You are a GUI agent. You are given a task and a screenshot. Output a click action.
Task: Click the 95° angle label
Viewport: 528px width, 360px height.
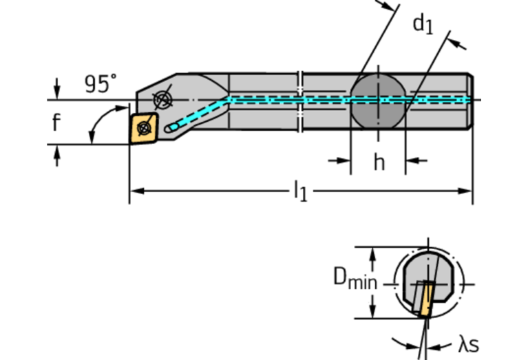100,84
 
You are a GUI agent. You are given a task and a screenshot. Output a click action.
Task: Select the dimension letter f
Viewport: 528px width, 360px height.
56,123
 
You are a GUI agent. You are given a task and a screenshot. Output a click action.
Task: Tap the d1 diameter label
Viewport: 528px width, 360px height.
422,24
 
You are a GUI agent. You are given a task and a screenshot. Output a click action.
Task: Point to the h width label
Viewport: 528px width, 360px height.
379,162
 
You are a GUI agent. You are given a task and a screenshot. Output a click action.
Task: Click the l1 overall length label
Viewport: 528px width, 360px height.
301,191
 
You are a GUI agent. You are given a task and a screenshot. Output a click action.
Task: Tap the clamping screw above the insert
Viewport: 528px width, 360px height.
162,100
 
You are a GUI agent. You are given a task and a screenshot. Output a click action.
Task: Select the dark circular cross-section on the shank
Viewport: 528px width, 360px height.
378,100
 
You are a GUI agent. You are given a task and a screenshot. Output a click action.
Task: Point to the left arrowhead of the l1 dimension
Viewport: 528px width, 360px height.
135,190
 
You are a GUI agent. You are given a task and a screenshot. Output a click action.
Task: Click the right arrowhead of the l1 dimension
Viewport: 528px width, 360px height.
467,190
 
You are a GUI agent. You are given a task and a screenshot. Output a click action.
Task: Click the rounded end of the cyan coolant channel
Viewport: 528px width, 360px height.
171,127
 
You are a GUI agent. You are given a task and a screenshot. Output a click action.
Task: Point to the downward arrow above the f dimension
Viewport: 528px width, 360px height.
56,90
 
